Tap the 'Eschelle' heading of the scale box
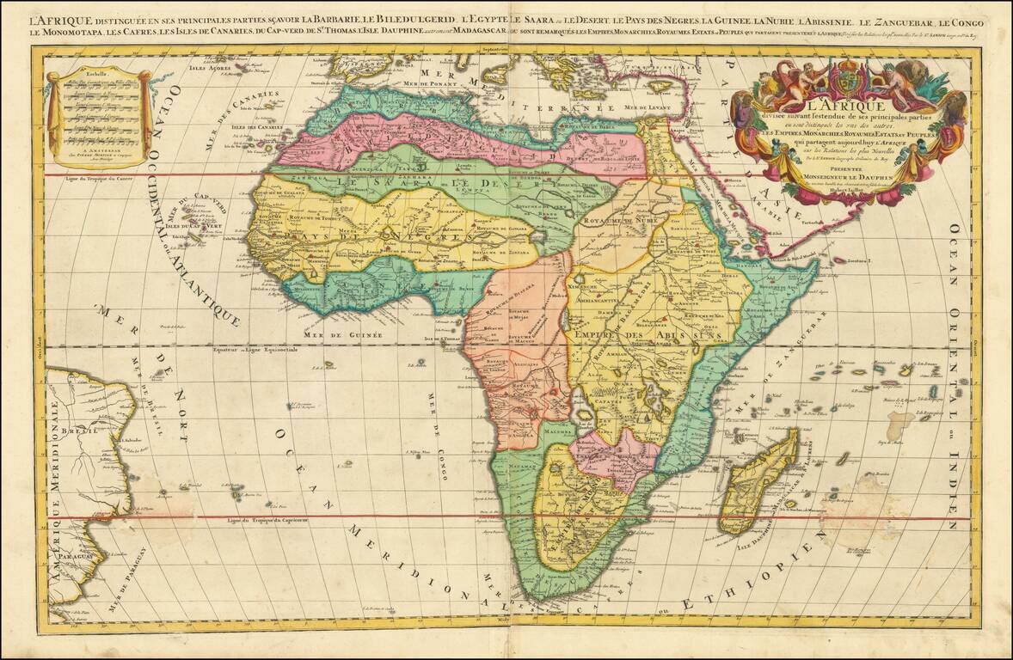coord(96,75)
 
